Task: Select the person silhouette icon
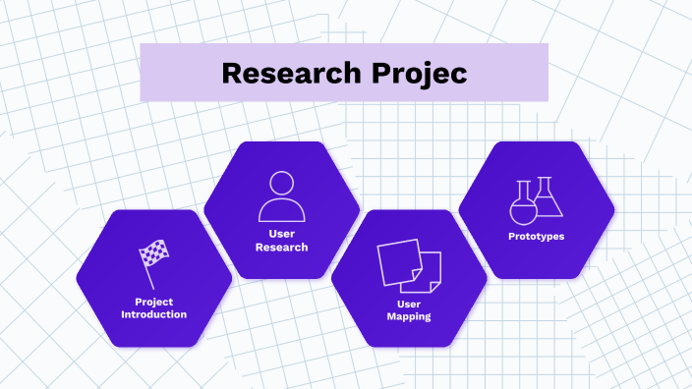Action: click(x=281, y=196)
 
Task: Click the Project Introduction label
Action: click(x=153, y=307)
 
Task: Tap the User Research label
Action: click(x=281, y=240)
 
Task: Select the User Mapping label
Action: click(x=409, y=310)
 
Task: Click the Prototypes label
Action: click(x=536, y=236)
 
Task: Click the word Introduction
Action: click(x=153, y=314)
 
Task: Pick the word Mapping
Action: click(x=409, y=317)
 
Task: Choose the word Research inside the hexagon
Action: click(x=281, y=247)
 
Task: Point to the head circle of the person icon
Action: click(x=281, y=184)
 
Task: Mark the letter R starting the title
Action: click(x=230, y=73)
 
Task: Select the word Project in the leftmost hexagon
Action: click(x=153, y=301)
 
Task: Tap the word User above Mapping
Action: click(x=409, y=304)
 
